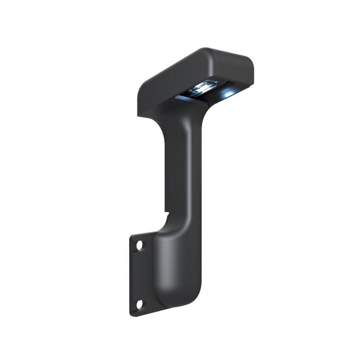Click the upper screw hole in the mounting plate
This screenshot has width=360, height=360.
[139, 246]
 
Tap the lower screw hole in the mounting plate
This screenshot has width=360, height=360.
[139, 305]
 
